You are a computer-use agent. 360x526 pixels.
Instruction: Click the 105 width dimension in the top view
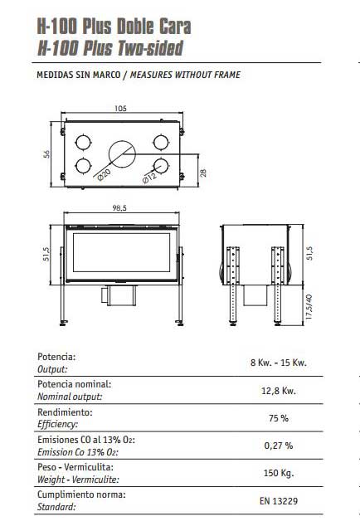click(120, 109)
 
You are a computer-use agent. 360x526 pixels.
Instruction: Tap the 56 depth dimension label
click(46, 154)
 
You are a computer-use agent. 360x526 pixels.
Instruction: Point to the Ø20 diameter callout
click(104, 175)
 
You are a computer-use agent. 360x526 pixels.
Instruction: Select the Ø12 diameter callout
click(149, 178)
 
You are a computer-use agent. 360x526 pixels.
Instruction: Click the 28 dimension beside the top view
click(203, 173)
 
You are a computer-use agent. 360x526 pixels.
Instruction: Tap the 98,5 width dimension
click(119, 208)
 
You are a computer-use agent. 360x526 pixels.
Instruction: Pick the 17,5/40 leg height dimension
click(309, 307)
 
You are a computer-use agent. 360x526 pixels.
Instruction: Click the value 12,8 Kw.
click(279, 391)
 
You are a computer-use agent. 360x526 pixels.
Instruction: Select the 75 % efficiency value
click(279, 418)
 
